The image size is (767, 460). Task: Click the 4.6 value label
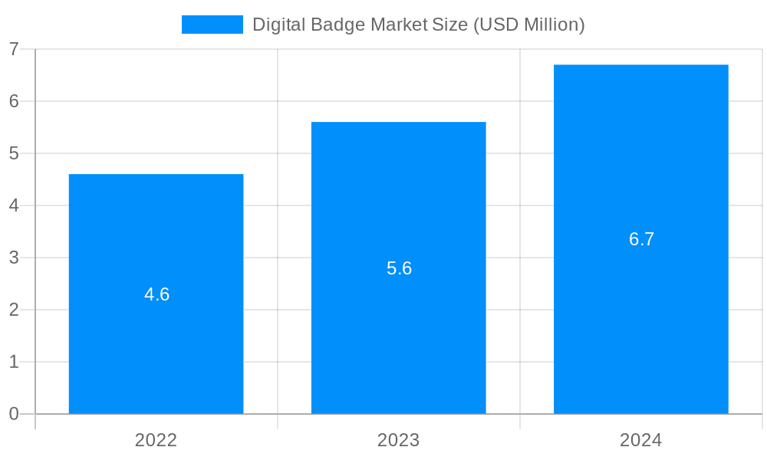click(156, 294)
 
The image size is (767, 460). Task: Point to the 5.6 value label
click(399, 268)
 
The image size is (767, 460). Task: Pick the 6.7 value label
click(641, 239)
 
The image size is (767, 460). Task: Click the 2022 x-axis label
click(156, 440)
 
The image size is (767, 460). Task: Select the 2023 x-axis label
click(398, 440)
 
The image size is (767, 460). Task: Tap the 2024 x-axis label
click(640, 440)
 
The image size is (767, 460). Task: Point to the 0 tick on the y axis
click(14, 414)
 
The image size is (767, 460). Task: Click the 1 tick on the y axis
click(14, 362)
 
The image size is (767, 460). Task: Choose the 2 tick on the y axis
click(14, 310)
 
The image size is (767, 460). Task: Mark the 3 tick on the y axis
click(14, 258)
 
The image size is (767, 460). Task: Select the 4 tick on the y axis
click(14, 205)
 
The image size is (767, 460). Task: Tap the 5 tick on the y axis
click(14, 153)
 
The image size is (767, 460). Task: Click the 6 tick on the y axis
click(14, 101)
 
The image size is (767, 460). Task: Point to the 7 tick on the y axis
click(14, 49)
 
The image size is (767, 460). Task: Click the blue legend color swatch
click(212, 25)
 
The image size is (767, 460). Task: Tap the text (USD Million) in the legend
click(528, 25)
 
